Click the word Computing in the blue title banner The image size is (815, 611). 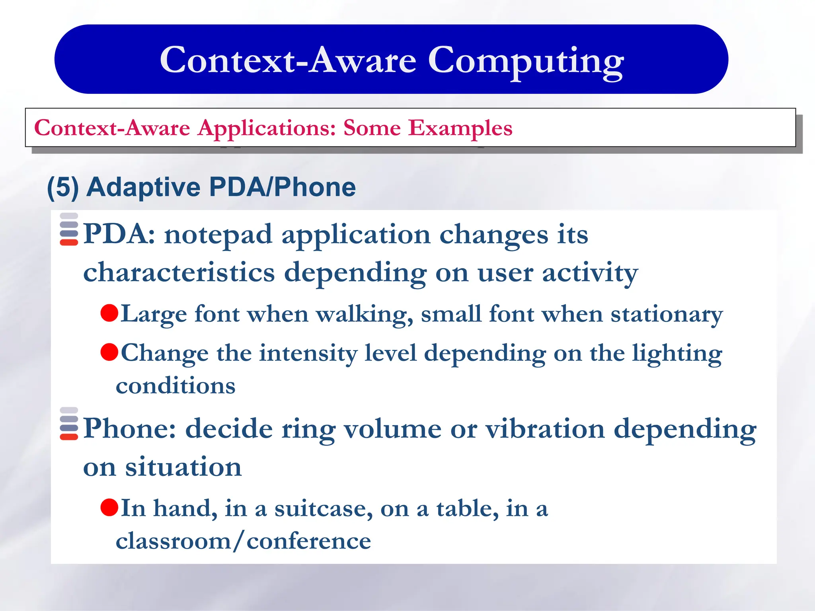[x=525, y=61]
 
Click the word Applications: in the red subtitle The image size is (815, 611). [x=267, y=128]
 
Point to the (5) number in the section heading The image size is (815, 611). [x=63, y=187]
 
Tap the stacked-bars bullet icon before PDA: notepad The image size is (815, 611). [x=69, y=230]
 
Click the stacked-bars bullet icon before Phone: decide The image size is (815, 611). [x=69, y=424]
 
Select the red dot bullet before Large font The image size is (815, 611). [x=109, y=313]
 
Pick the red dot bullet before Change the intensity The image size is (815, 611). [x=109, y=352]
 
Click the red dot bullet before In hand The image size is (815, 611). [x=109, y=507]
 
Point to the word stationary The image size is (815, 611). [x=667, y=314]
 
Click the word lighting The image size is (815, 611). [x=677, y=353]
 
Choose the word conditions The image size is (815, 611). [x=175, y=386]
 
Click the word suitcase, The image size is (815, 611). [x=324, y=508]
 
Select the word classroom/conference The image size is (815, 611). [x=243, y=541]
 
